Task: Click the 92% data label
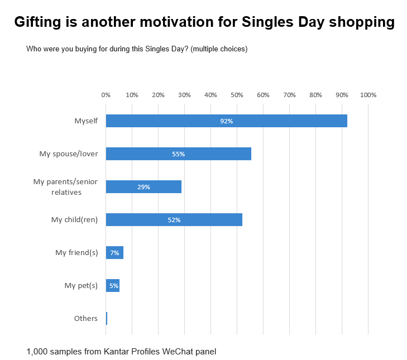pos(226,121)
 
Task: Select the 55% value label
pos(178,154)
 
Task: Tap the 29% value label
pos(143,187)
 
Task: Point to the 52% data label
pos(174,220)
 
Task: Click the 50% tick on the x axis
pos(237,95)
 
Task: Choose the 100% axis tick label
pos(368,95)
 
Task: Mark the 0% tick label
pos(106,95)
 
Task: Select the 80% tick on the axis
pos(315,95)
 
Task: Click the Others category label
pos(86,319)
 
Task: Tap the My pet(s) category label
pos(81,286)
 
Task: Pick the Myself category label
pos(86,121)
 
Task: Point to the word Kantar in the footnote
pos(116,352)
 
